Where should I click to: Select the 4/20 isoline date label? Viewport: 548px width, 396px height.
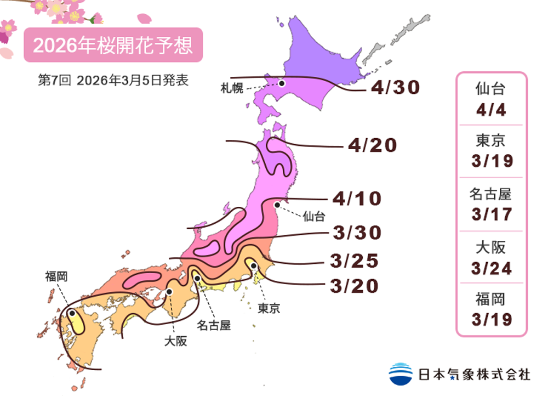click(x=372, y=145)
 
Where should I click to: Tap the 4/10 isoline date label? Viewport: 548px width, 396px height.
click(x=356, y=199)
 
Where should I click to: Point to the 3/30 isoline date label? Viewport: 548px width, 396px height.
click(x=356, y=233)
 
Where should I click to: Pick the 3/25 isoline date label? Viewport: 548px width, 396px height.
click(x=354, y=261)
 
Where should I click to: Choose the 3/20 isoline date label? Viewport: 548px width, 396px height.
click(x=354, y=286)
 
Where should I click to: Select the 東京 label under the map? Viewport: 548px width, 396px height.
click(x=269, y=308)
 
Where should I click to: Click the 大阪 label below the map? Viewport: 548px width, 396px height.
click(x=175, y=341)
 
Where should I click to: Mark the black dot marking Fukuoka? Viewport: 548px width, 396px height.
click(x=72, y=313)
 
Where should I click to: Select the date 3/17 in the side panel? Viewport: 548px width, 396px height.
click(x=490, y=214)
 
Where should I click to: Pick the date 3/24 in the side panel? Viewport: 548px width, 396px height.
click(x=490, y=267)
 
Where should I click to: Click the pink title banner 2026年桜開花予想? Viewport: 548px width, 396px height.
click(x=113, y=46)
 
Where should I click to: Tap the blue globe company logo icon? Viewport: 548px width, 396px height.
click(x=401, y=374)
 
